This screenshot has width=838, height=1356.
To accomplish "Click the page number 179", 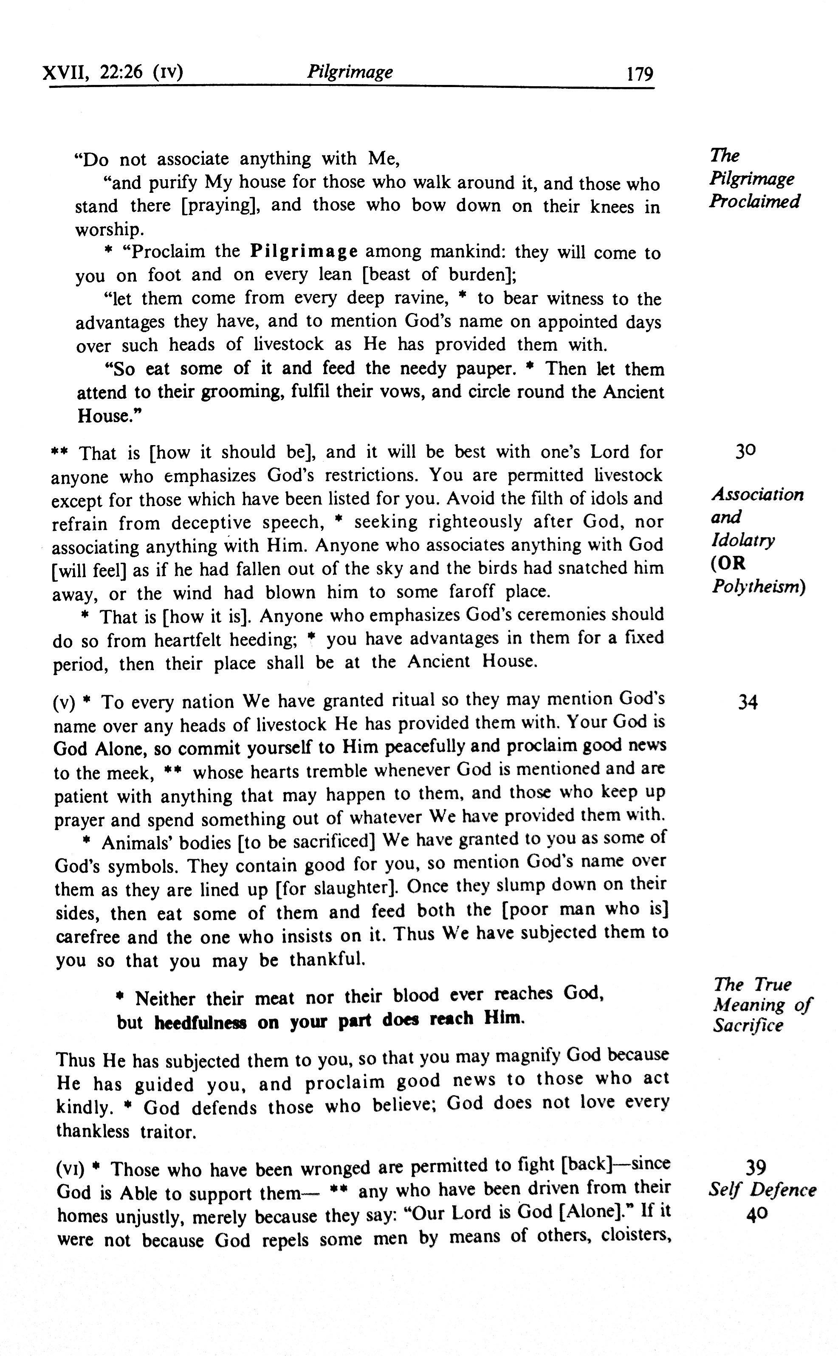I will tap(640, 74).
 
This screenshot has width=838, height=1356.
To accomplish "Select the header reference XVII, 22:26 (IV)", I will tap(113, 72).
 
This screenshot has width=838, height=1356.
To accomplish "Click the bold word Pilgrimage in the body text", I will tap(304, 251).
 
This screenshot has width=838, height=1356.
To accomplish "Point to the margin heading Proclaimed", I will tap(754, 200).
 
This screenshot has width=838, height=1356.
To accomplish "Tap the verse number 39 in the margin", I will tap(756, 1167).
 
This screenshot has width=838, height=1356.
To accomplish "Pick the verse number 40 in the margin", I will tap(757, 1214).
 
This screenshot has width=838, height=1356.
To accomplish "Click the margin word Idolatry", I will tap(743, 540).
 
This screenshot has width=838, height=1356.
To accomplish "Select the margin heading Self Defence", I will tap(762, 1190).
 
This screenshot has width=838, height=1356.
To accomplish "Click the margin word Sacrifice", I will tap(748, 1025).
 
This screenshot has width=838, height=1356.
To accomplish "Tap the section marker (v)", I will tap(64, 703).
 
